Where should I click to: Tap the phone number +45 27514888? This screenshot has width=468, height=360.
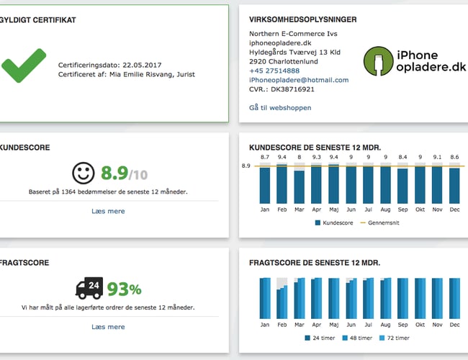tap(275, 71)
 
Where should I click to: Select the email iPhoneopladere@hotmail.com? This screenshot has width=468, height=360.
tap(299, 80)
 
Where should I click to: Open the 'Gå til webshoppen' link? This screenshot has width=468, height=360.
tap(280, 107)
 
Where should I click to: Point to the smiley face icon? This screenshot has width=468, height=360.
tap(84, 173)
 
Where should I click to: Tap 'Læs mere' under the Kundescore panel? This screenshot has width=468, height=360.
tap(108, 211)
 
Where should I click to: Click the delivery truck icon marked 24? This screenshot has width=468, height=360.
tap(89, 289)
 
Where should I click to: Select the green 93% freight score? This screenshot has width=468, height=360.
tap(124, 289)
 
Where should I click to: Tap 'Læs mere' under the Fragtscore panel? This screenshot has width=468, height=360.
tap(108, 327)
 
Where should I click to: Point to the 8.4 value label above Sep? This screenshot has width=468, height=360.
tap(403, 157)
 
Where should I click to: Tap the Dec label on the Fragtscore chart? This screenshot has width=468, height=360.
tap(454, 325)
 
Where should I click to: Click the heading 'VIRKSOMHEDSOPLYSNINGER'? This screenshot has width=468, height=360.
tap(302, 19)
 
